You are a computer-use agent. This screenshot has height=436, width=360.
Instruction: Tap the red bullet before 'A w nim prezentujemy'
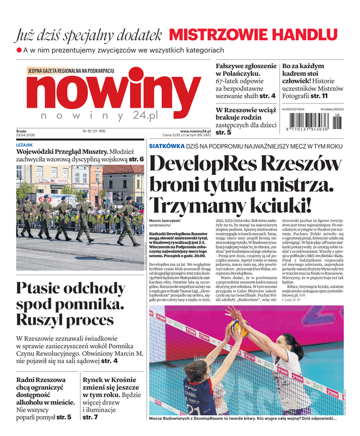pyautogui.click(x=19, y=50)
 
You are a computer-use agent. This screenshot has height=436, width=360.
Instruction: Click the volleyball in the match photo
pyautogui.click(x=240, y=328)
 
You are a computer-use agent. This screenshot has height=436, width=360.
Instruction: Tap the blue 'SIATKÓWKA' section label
pyautogui.click(x=166, y=146)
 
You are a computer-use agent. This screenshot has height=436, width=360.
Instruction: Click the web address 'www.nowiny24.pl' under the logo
pyautogui.click(x=195, y=131)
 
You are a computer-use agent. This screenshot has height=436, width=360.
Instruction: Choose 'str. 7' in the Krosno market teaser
pyautogui.click(x=90, y=417)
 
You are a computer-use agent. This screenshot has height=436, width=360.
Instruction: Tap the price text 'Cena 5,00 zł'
pyautogui.click(x=176, y=136)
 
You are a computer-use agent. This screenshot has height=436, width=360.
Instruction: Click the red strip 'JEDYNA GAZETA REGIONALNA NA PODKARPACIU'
pyautogui.click(x=70, y=71)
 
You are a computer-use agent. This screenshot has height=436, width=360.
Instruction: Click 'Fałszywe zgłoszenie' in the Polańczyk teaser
pyautogui.click(x=246, y=66)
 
